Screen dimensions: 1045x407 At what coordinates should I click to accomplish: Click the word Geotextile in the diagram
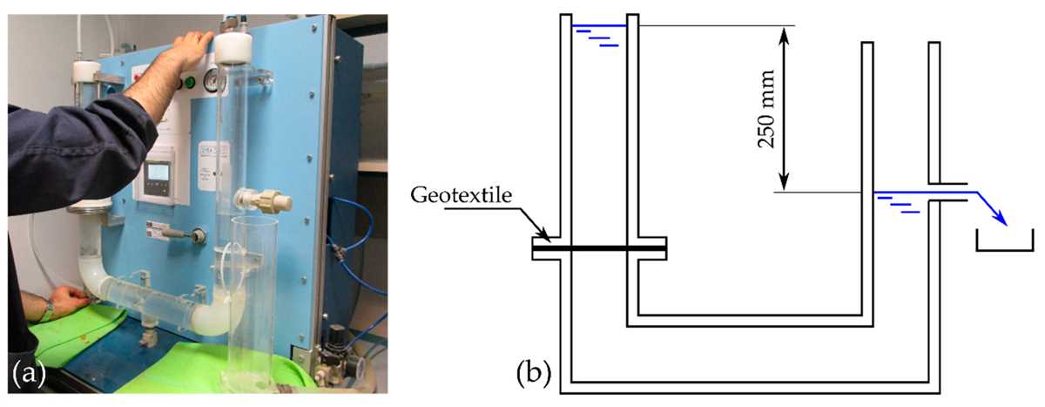(x=461, y=195)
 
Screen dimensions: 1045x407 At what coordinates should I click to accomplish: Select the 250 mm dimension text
(x=765, y=109)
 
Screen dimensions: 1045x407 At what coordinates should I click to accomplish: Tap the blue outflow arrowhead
(x=1001, y=220)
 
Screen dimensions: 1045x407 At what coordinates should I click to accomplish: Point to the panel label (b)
(x=534, y=373)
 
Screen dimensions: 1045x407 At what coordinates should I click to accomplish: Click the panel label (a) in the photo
(x=29, y=373)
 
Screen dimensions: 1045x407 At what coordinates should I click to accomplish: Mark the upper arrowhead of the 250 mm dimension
(x=785, y=37)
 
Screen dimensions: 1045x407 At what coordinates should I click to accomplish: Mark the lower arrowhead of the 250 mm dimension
(x=785, y=182)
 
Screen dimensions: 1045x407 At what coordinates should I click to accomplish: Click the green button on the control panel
(x=190, y=83)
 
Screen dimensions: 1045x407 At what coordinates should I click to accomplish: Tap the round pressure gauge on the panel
(x=212, y=81)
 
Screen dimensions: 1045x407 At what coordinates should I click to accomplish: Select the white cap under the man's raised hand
(x=233, y=48)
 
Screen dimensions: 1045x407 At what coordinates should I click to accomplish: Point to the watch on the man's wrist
(x=48, y=310)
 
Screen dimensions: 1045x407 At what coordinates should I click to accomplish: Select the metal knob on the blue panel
(x=199, y=235)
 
